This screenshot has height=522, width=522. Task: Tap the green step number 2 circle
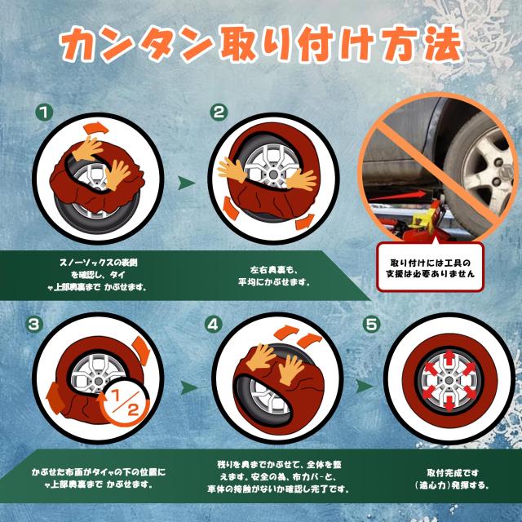coord(218,113)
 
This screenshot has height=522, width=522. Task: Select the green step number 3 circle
coord(34,325)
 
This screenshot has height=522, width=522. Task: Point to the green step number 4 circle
coord(214,324)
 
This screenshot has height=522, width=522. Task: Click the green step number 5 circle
coord(372,324)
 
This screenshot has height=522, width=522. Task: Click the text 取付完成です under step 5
coord(453,473)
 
